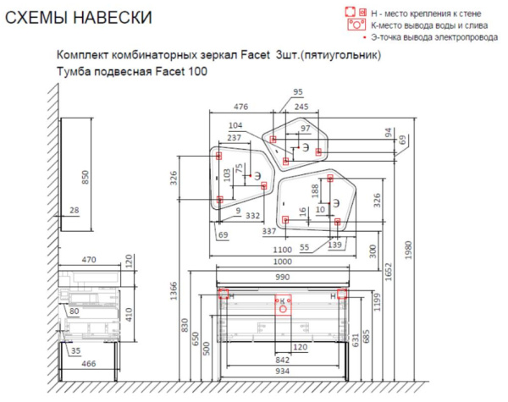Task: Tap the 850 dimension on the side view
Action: (x=84, y=176)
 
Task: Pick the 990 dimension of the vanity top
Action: (x=283, y=277)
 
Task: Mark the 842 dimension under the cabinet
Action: (x=283, y=358)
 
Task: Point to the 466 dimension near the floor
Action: (x=88, y=363)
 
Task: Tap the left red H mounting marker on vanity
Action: (x=224, y=295)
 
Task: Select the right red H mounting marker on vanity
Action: (x=342, y=295)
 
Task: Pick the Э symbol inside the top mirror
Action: (x=305, y=146)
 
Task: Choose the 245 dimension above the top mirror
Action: (x=301, y=107)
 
